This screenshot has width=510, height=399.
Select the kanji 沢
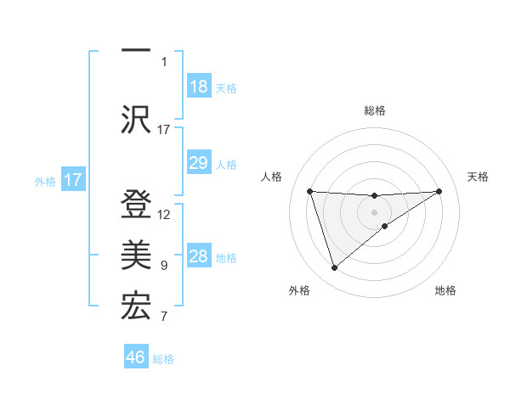tap(135, 120)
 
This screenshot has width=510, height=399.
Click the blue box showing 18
tap(198, 87)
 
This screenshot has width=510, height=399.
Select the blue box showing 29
tap(198, 163)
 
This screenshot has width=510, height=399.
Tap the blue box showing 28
tap(198, 256)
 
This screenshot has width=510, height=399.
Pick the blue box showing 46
tap(136, 357)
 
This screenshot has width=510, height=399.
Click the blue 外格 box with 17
tap(73, 180)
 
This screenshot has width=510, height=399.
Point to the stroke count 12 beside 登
tap(165, 215)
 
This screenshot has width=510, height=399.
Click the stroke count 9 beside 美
tap(164, 266)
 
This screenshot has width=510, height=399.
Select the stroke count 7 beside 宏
tap(164, 318)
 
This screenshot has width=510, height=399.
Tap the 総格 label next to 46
tap(163, 359)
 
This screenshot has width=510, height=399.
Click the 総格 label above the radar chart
tap(374, 111)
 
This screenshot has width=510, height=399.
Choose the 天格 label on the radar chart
tap(479, 177)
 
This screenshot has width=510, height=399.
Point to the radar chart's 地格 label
tap(445, 291)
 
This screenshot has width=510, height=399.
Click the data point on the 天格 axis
tap(439, 191)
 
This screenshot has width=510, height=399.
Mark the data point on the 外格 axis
tap(334, 267)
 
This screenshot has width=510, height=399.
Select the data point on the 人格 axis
tap(309, 191)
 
